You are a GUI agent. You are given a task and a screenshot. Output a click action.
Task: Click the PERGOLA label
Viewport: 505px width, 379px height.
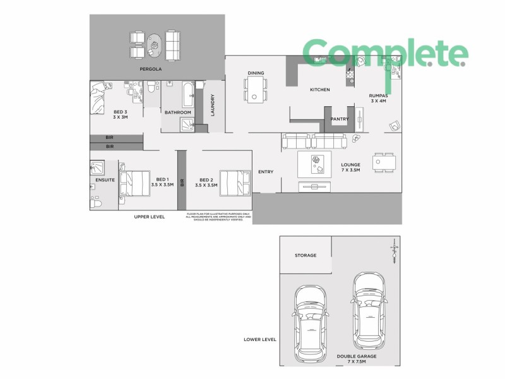pos(148,68)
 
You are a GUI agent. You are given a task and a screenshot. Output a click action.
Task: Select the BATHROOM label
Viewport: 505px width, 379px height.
pos(177,112)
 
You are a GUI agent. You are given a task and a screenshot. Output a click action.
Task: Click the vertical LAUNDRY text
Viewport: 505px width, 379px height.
pos(213,105)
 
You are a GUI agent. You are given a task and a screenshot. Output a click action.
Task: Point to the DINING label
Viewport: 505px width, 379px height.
pos(256,73)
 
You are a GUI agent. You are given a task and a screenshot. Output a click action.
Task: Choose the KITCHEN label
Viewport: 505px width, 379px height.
pos(319,90)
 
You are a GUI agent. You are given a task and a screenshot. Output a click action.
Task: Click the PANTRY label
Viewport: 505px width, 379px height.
pos(339,118)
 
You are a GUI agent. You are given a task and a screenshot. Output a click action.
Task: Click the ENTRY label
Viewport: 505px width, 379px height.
pos(266,172)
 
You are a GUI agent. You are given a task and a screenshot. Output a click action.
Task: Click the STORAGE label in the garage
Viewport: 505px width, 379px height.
pos(305,255)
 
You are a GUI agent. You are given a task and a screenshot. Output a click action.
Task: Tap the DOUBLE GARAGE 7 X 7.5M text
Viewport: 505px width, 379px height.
pos(356,359)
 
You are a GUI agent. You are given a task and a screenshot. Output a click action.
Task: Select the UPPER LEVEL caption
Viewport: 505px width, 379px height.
pos(150,217)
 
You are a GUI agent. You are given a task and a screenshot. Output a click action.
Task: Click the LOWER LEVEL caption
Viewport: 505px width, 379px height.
pos(260,339)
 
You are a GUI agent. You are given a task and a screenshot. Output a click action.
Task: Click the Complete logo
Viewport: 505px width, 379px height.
pos(385,54)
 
